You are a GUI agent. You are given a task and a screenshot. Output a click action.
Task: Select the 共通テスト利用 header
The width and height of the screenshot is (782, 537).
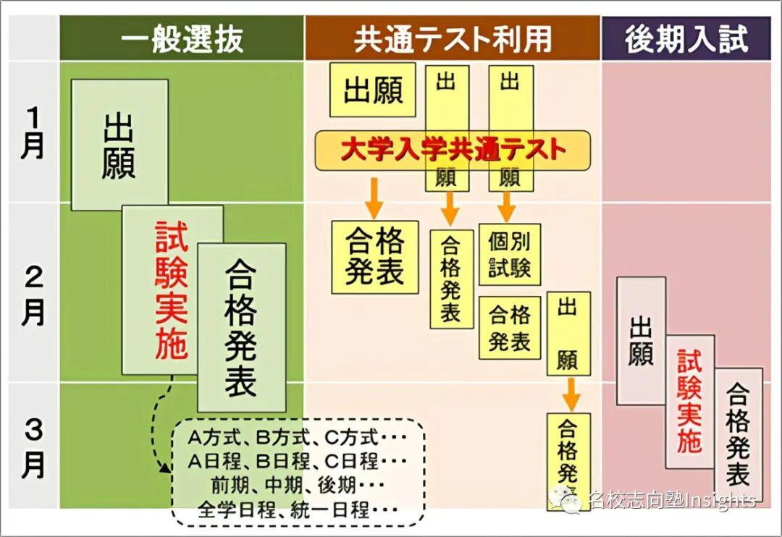tap(453, 39)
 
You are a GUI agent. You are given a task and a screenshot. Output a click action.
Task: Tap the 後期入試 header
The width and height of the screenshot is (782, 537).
tap(686, 39)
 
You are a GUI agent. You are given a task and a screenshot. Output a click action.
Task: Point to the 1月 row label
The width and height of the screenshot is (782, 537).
tap(33, 132)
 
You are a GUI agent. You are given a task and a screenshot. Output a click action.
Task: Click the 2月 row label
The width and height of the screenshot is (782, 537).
tap(33, 295)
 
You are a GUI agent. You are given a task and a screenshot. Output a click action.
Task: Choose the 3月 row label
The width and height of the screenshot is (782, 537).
tap(33, 449)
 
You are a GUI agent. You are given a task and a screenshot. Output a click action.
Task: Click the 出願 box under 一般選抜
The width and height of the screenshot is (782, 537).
tap(119, 145)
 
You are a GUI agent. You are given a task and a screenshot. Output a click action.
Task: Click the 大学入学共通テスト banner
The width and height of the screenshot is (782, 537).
tap(453, 151)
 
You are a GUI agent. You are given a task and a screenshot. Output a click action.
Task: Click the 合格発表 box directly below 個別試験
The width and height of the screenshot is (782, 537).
tap(510, 327)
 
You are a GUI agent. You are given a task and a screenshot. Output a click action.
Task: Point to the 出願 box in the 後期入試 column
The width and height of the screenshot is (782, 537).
tap(641, 340)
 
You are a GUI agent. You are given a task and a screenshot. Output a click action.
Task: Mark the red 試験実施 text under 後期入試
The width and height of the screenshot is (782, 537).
tap(689, 401)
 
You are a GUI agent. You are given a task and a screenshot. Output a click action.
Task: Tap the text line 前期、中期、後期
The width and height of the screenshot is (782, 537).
tap(297, 484)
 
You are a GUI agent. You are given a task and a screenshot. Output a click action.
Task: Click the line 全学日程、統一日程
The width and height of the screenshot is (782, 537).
tap(297, 509)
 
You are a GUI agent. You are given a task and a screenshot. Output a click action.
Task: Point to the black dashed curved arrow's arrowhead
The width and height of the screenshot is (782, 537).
tap(165, 468)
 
